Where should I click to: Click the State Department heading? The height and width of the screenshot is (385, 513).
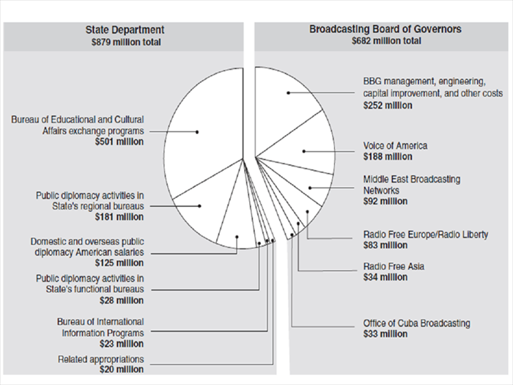point(125,30)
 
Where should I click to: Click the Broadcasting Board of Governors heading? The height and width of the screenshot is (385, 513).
point(385,29)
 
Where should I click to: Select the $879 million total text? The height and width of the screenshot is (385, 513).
point(126,43)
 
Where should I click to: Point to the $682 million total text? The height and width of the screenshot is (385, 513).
point(386,41)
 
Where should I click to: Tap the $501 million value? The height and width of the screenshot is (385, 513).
point(119,142)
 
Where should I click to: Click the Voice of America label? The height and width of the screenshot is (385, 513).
point(395,146)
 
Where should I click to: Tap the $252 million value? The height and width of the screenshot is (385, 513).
point(388,106)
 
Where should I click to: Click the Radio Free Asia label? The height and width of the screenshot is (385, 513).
point(394,266)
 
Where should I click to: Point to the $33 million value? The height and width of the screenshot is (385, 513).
point(385,334)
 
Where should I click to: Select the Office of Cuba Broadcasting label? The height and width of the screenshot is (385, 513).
point(416,323)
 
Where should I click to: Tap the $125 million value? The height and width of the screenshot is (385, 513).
point(119,263)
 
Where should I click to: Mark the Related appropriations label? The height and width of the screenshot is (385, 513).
point(101,359)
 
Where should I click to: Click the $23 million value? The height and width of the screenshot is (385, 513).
point(122,344)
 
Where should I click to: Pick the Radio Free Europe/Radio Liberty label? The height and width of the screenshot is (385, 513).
point(426,235)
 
